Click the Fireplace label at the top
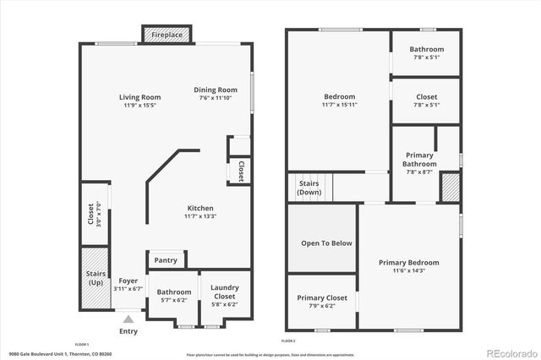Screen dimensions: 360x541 pyautogui.click(x=167, y=35)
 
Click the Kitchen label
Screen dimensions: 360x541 pyautogui.click(x=200, y=208)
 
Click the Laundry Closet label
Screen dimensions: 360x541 pyautogui.click(x=224, y=292)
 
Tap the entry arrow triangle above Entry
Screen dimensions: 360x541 pyautogui.click(x=128, y=319)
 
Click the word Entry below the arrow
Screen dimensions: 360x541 pyautogui.click(x=128, y=331)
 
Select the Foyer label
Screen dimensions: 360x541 pyautogui.click(x=128, y=281)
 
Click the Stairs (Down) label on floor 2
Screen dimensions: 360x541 pyautogui.click(x=309, y=188)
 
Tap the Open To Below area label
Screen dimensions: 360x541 pyautogui.click(x=326, y=243)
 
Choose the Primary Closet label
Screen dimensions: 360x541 pyautogui.click(x=321, y=298)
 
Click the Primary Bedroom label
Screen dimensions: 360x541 pyautogui.click(x=408, y=263)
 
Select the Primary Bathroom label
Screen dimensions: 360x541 pyautogui.click(x=419, y=160)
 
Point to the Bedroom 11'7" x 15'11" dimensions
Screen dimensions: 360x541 pyautogui.click(x=339, y=106)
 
